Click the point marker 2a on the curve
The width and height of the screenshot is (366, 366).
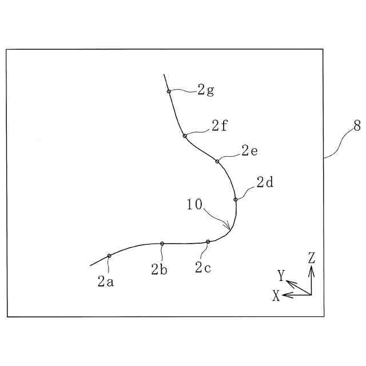point(109,256)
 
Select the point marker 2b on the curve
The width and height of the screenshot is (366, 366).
point(162,244)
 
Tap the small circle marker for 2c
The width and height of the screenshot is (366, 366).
point(208,242)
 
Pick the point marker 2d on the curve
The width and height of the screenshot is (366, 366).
point(236,200)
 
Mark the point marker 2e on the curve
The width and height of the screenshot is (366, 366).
point(217,161)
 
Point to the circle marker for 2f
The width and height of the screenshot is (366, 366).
point(185,136)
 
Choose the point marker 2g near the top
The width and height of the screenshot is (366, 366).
point(169,91)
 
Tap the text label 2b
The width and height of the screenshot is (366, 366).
point(159,269)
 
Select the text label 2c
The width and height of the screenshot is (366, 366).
point(203,266)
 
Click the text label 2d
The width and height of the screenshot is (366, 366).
point(265,183)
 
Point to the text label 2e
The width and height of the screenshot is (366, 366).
point(249,151)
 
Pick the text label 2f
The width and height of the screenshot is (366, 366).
point(220,126)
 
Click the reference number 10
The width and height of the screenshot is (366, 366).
point(194,205)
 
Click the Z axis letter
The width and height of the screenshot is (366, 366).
point(311,258)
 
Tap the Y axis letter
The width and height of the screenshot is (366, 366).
point(281,276)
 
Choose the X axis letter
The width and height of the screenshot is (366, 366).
point(276,296)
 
